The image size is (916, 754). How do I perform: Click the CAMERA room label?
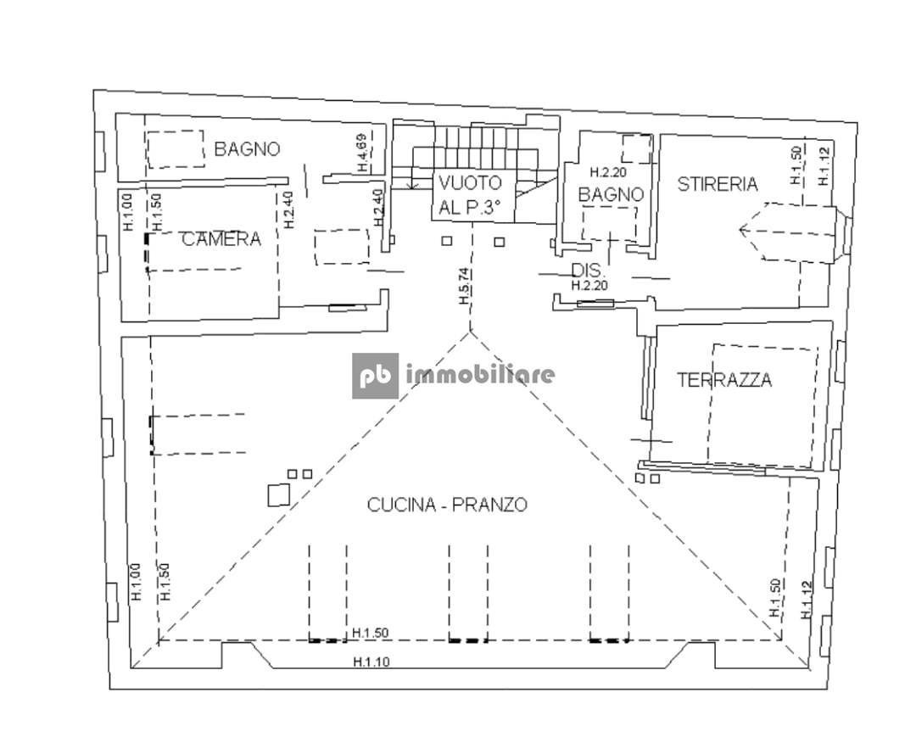[221, 239]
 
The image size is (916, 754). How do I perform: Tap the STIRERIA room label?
[718, 184]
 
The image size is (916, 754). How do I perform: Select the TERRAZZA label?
[724, 380]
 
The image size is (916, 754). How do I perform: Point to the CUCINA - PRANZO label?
[447, 504]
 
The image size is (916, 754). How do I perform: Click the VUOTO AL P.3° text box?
[474, 196]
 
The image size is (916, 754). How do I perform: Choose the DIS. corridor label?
[589, 271]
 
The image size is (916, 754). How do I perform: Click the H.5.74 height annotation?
[465, 286]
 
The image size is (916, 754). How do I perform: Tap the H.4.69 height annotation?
[362, 154]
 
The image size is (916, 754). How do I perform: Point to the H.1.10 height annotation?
[371, 662]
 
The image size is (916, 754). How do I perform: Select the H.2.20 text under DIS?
[589, 286]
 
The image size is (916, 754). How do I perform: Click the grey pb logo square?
[375, 376]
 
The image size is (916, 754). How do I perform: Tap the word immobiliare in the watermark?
[479, 374]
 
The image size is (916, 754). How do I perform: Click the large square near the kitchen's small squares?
[279, 495]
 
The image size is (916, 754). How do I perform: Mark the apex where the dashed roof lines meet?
[470, 332]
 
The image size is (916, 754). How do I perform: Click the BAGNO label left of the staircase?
[247, 149]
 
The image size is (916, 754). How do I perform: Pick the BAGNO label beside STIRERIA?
[611, 194]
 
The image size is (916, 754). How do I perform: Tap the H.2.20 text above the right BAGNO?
[608, 173]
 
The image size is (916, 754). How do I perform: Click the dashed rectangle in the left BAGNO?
[176, 149]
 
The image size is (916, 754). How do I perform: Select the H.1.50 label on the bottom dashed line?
[371, 633]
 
